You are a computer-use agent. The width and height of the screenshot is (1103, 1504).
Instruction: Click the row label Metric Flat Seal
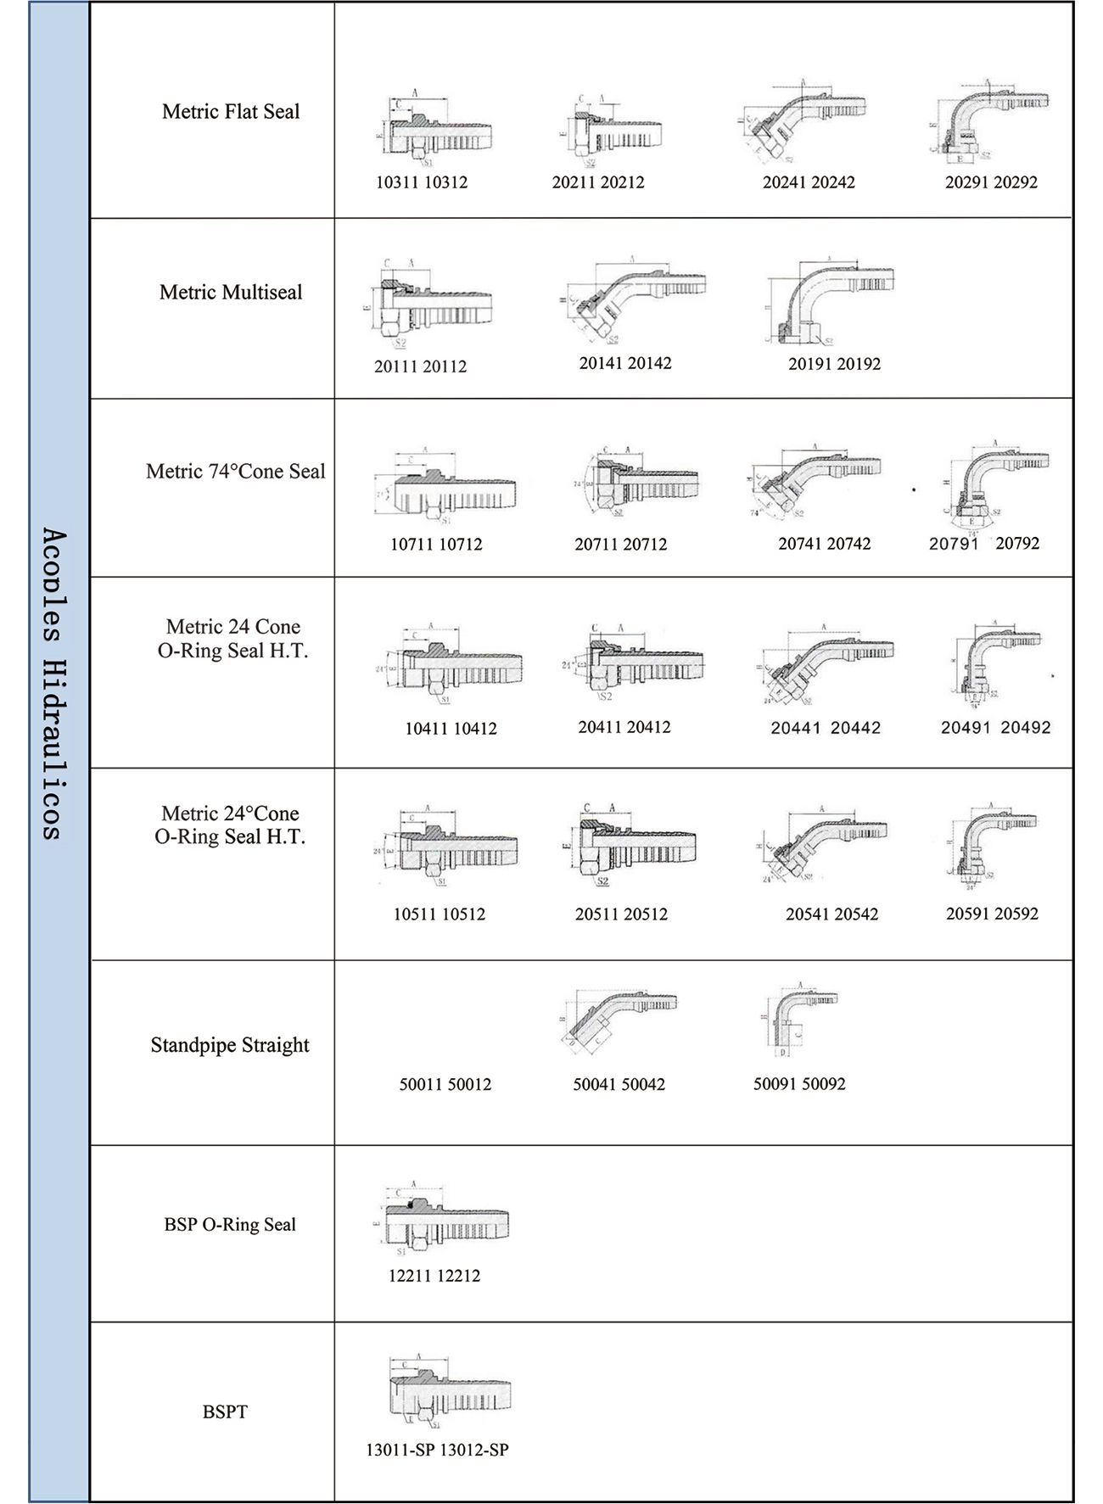[x=231, y=112]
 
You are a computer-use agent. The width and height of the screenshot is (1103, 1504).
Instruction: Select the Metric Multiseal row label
[x=231, y=293]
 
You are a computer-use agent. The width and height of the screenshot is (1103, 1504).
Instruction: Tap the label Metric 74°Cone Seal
[x=235, y=472]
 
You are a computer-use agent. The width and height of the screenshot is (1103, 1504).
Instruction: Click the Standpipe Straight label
[x=230, y=1045]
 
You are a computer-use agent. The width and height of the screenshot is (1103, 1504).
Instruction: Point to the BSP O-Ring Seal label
[x=230, y=1225]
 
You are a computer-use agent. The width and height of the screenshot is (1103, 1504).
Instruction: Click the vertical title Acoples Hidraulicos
[x=53, y=684]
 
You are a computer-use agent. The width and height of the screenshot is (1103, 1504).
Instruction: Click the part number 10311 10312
[x=422, y=182]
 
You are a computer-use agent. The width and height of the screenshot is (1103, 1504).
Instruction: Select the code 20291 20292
[x=991, y=182]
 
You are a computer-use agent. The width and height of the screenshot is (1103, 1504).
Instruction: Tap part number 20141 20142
[x=625, y=363]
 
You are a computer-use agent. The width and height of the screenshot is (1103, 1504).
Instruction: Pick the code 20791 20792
[x=984, y=544]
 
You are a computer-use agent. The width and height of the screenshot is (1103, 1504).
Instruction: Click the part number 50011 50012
[x=445, y=1084]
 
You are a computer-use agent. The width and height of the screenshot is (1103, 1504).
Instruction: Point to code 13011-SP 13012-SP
[x=437, y=1450]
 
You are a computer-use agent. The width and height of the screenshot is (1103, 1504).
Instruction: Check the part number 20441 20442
[x=826, y=728]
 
